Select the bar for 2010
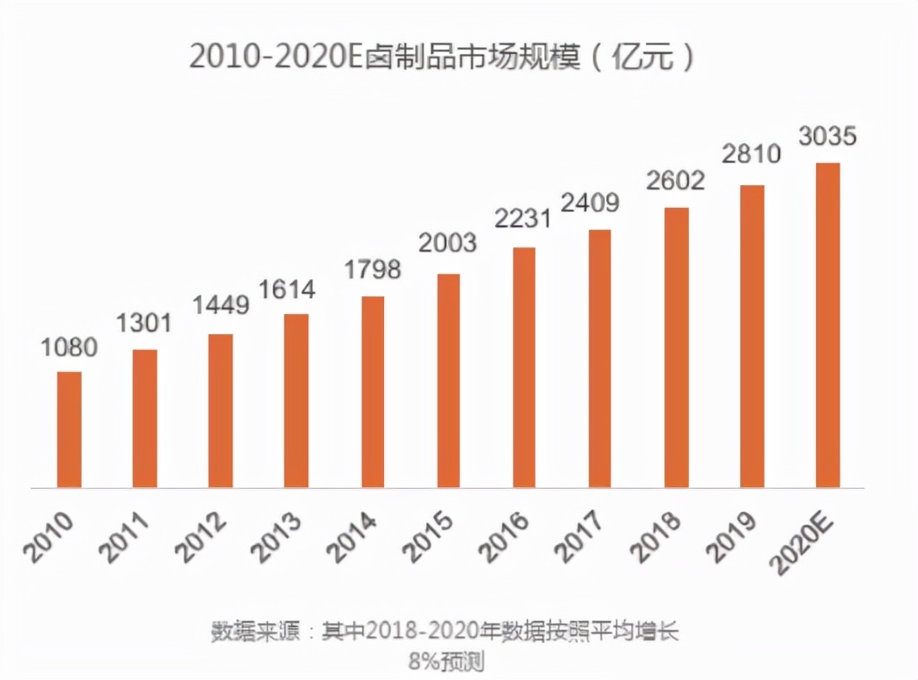click(x=69, y=429)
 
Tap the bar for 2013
click(x=296, y=401)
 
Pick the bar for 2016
click(x=524, y=367)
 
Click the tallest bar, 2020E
click(x=828, y=325)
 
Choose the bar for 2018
click(x=676, y=347)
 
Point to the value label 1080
click(x=69, y=348)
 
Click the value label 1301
click(x=143, y=323)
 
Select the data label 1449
click(x=221, y=305)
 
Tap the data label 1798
click(x=372, y=270)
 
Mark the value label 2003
click(x=448, y=243)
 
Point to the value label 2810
click(x=752, y=154)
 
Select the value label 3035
click(x=828, y=135)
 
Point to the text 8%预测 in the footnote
click(x=446, y=661)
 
